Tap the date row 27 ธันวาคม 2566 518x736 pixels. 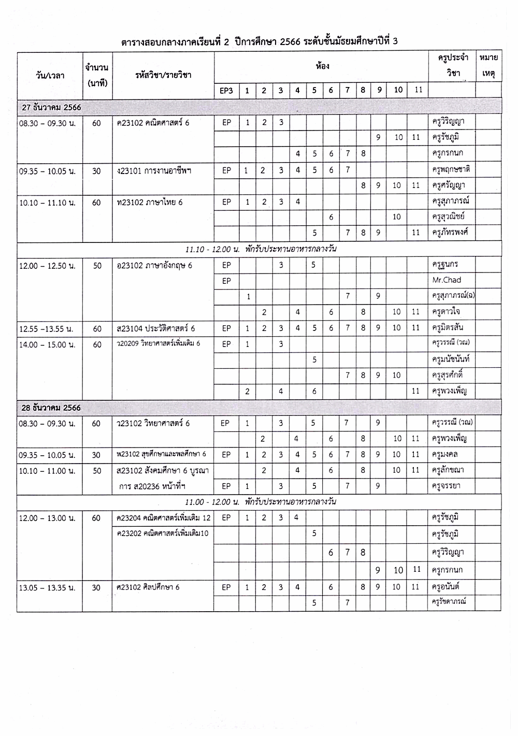click(x=51, y=108)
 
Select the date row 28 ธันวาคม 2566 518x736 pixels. click(x=51, y=408)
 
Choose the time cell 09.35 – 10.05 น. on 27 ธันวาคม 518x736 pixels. click(x=47, y=171)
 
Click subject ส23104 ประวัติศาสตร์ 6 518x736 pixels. click(x=155, y=328)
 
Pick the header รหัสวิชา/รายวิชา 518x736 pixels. click(x=163, y=75)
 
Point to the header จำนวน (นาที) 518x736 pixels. click(x=97, y=75)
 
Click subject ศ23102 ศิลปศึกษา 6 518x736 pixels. click(x=148, y=587)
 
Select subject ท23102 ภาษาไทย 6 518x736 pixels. click(x=150, y=203)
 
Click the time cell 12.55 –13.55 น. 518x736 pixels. click(x=46, y=329)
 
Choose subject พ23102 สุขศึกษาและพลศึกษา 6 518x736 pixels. click(x=161, y=455)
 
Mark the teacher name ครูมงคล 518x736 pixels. click(x=445, y=455)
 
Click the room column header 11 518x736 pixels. click(x=418, y=90)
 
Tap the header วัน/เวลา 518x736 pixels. click(x=50, y=75)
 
